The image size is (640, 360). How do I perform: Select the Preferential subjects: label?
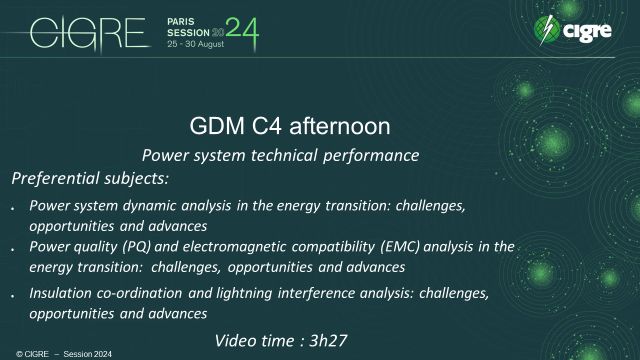pyautogui.click(x=90, y=178)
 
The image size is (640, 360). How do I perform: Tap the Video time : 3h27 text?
pyautogui.click(x=281, y=341)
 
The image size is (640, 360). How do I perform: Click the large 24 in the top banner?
pyautogui.click(x=241, y=33)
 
